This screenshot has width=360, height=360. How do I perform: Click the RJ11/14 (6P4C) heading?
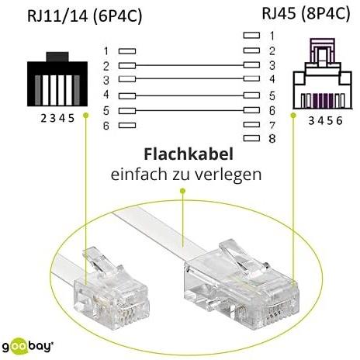click(85, 16)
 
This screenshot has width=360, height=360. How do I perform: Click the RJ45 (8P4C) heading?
click(306, 14)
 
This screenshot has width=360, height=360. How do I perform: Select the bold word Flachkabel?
click(189, 154)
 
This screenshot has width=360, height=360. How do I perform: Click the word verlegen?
click(228, 175)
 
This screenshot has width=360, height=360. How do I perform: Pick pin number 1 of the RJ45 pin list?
click(272, 36)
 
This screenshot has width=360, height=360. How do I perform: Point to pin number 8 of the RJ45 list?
click(272, 139)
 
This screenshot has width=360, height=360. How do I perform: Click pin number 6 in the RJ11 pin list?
click(106, 126)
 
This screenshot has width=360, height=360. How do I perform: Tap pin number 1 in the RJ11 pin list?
click(106, 51)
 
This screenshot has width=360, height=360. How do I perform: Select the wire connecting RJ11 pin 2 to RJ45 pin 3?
click(189, 65)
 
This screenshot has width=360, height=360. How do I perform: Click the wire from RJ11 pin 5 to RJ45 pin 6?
click(189, 111)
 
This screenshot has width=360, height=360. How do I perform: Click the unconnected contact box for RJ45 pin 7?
click(251, 125)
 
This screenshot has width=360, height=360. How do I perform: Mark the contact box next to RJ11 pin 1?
click(127, 51)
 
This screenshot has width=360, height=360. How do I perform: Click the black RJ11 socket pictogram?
click(57, 79)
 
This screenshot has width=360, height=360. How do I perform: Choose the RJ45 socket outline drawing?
click(323, 74)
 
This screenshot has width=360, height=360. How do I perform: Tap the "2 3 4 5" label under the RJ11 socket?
click(57, 119)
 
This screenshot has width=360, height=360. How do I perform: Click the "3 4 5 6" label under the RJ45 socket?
click(325, 120)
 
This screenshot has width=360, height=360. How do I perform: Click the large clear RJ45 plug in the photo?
click(241, 286)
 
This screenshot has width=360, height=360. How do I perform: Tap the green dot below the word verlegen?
click(182, 191)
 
